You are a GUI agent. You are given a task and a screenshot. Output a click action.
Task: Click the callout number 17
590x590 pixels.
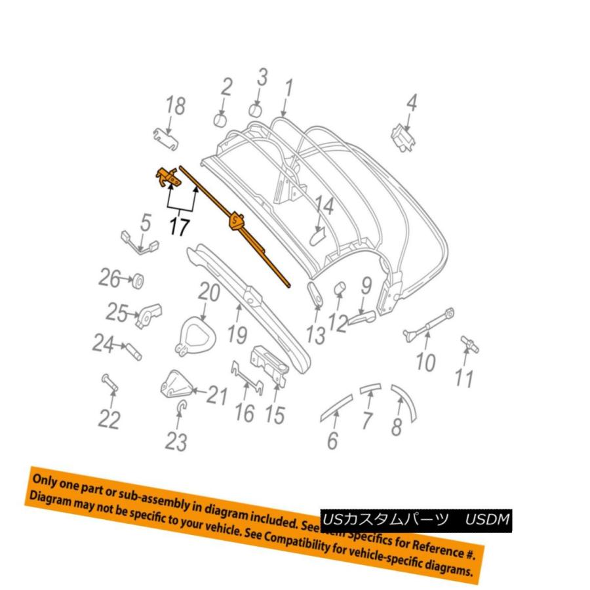[179, 227]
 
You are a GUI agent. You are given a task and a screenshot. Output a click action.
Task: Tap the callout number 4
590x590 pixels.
[411, 103]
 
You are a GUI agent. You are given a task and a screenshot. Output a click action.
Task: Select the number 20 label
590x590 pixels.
[209, 293]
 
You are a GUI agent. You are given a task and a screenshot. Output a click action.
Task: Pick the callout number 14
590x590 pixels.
[324, 208]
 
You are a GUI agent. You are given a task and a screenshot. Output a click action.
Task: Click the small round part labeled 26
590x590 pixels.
[138, 282]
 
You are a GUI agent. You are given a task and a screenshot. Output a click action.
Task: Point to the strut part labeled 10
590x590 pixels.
[429, 325]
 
